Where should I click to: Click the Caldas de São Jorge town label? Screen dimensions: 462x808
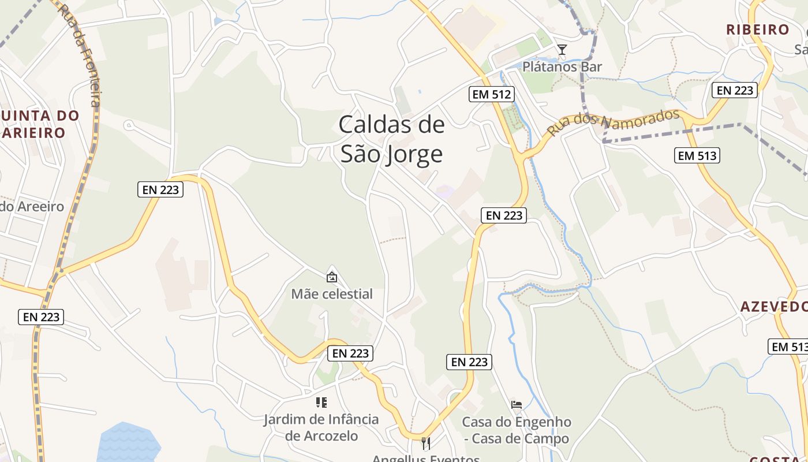(x=392, y=139)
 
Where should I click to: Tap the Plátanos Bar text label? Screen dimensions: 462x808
(x=562, y=67)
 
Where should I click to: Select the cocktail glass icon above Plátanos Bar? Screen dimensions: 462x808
(x=562, y=49)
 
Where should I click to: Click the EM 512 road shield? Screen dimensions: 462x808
(x=492, y=94)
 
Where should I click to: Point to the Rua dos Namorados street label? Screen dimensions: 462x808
(x=613, y=122)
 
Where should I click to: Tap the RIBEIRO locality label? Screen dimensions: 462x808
(x=757, y=29)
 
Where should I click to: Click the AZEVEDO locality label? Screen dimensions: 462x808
(x=773, y=306)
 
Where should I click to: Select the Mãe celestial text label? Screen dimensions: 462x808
(x=332, y=294)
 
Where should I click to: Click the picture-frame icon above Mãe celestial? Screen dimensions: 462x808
(x=332, y=277)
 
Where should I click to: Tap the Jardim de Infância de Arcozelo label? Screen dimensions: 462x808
(x=321, y=427)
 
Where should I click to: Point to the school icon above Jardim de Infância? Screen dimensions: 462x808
(x=321, y=402)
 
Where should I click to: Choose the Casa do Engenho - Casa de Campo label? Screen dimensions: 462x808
(x=517, y=430)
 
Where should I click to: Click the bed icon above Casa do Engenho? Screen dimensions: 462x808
(x=517, y=404)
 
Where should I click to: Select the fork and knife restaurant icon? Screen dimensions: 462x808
(x=426, y=444)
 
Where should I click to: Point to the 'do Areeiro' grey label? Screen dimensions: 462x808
(x=32, y=206)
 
